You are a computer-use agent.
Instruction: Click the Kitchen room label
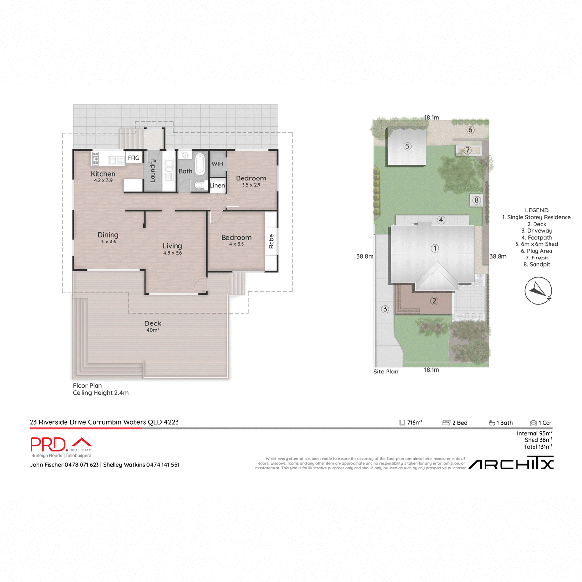(103, 174)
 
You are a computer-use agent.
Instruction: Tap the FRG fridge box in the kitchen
(133, 158)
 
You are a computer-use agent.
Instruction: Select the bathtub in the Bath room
(200, 164)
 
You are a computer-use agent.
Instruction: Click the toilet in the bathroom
(199, 184)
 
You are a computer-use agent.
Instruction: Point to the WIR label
(217, 164)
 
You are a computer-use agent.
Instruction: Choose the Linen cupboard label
(217, 185)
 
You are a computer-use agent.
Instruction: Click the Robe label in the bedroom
(271, 241)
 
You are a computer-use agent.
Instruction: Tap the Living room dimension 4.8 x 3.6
(172, 253)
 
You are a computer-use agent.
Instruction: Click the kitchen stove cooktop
(96, 158)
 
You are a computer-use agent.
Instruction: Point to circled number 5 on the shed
(407, 146)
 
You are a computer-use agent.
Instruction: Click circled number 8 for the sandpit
(477, 200)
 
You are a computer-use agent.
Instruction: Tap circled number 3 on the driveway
(385, 309)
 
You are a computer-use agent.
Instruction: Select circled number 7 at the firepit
(468, 150)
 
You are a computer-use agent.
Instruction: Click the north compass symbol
(538, 291)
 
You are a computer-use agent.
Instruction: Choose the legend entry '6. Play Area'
(536, 251)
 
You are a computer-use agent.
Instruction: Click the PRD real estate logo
(61, 445)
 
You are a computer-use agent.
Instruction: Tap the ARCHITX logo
(511, 464)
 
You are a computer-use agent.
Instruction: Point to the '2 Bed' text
(459, 423)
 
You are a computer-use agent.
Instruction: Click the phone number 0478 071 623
(81, 465)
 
